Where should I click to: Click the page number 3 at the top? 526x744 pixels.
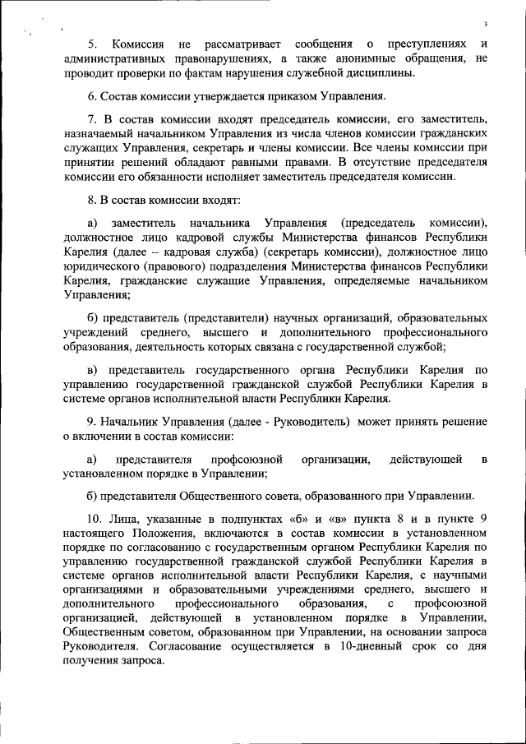click(487, 24)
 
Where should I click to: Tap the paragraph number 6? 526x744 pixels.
click(90, 97)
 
